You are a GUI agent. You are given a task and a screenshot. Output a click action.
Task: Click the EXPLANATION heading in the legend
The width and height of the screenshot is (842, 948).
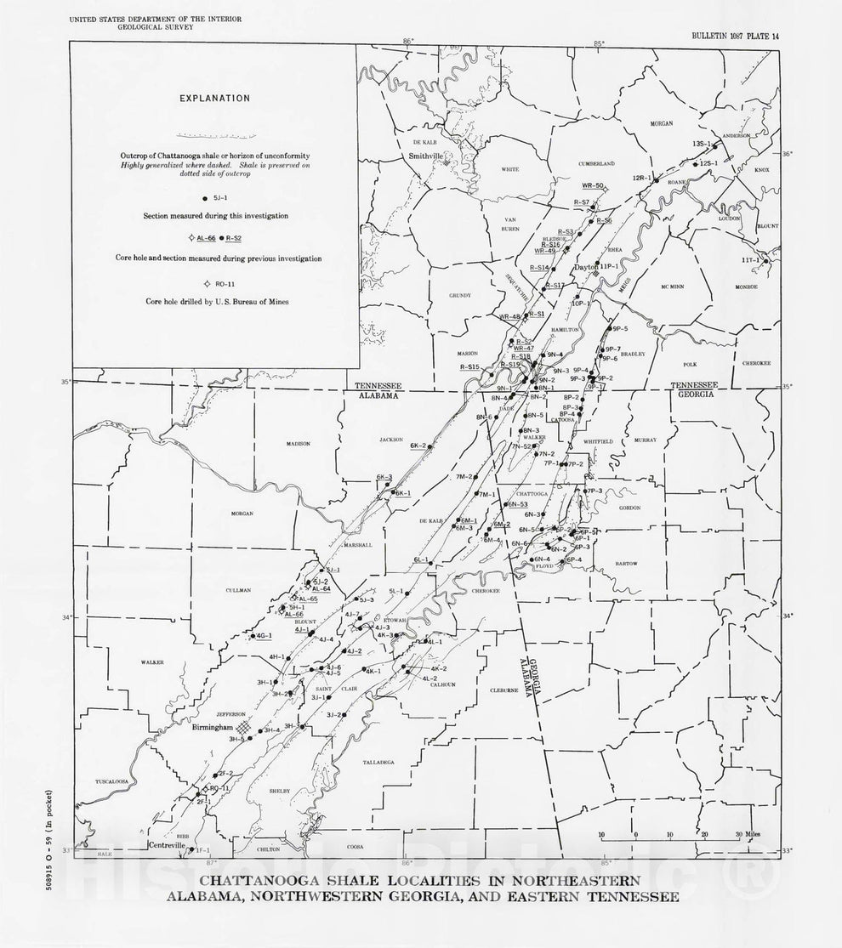click(214, 98)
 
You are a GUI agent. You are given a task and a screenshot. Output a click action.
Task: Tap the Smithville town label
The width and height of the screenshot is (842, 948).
click(426, 157)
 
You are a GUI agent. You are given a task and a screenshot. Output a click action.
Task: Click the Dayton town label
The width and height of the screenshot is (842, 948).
click(587, 266)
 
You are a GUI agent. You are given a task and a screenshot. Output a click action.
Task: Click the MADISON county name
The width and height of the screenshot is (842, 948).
click(298, 443)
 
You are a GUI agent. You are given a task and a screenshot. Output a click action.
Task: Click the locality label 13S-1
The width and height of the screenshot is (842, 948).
click(703, 145)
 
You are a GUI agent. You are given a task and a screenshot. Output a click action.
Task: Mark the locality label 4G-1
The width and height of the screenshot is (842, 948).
click(264, 636)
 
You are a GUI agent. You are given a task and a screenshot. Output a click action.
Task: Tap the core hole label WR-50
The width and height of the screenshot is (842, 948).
click(593, 185)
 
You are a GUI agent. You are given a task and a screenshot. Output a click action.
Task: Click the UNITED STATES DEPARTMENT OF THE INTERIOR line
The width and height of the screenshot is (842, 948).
click(139, 17)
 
